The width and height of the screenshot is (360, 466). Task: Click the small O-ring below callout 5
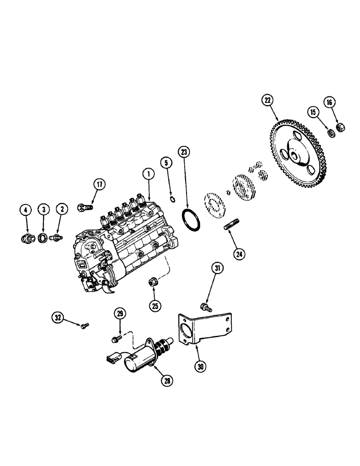point(172,200)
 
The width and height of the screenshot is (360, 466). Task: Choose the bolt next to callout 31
point(205,307)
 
